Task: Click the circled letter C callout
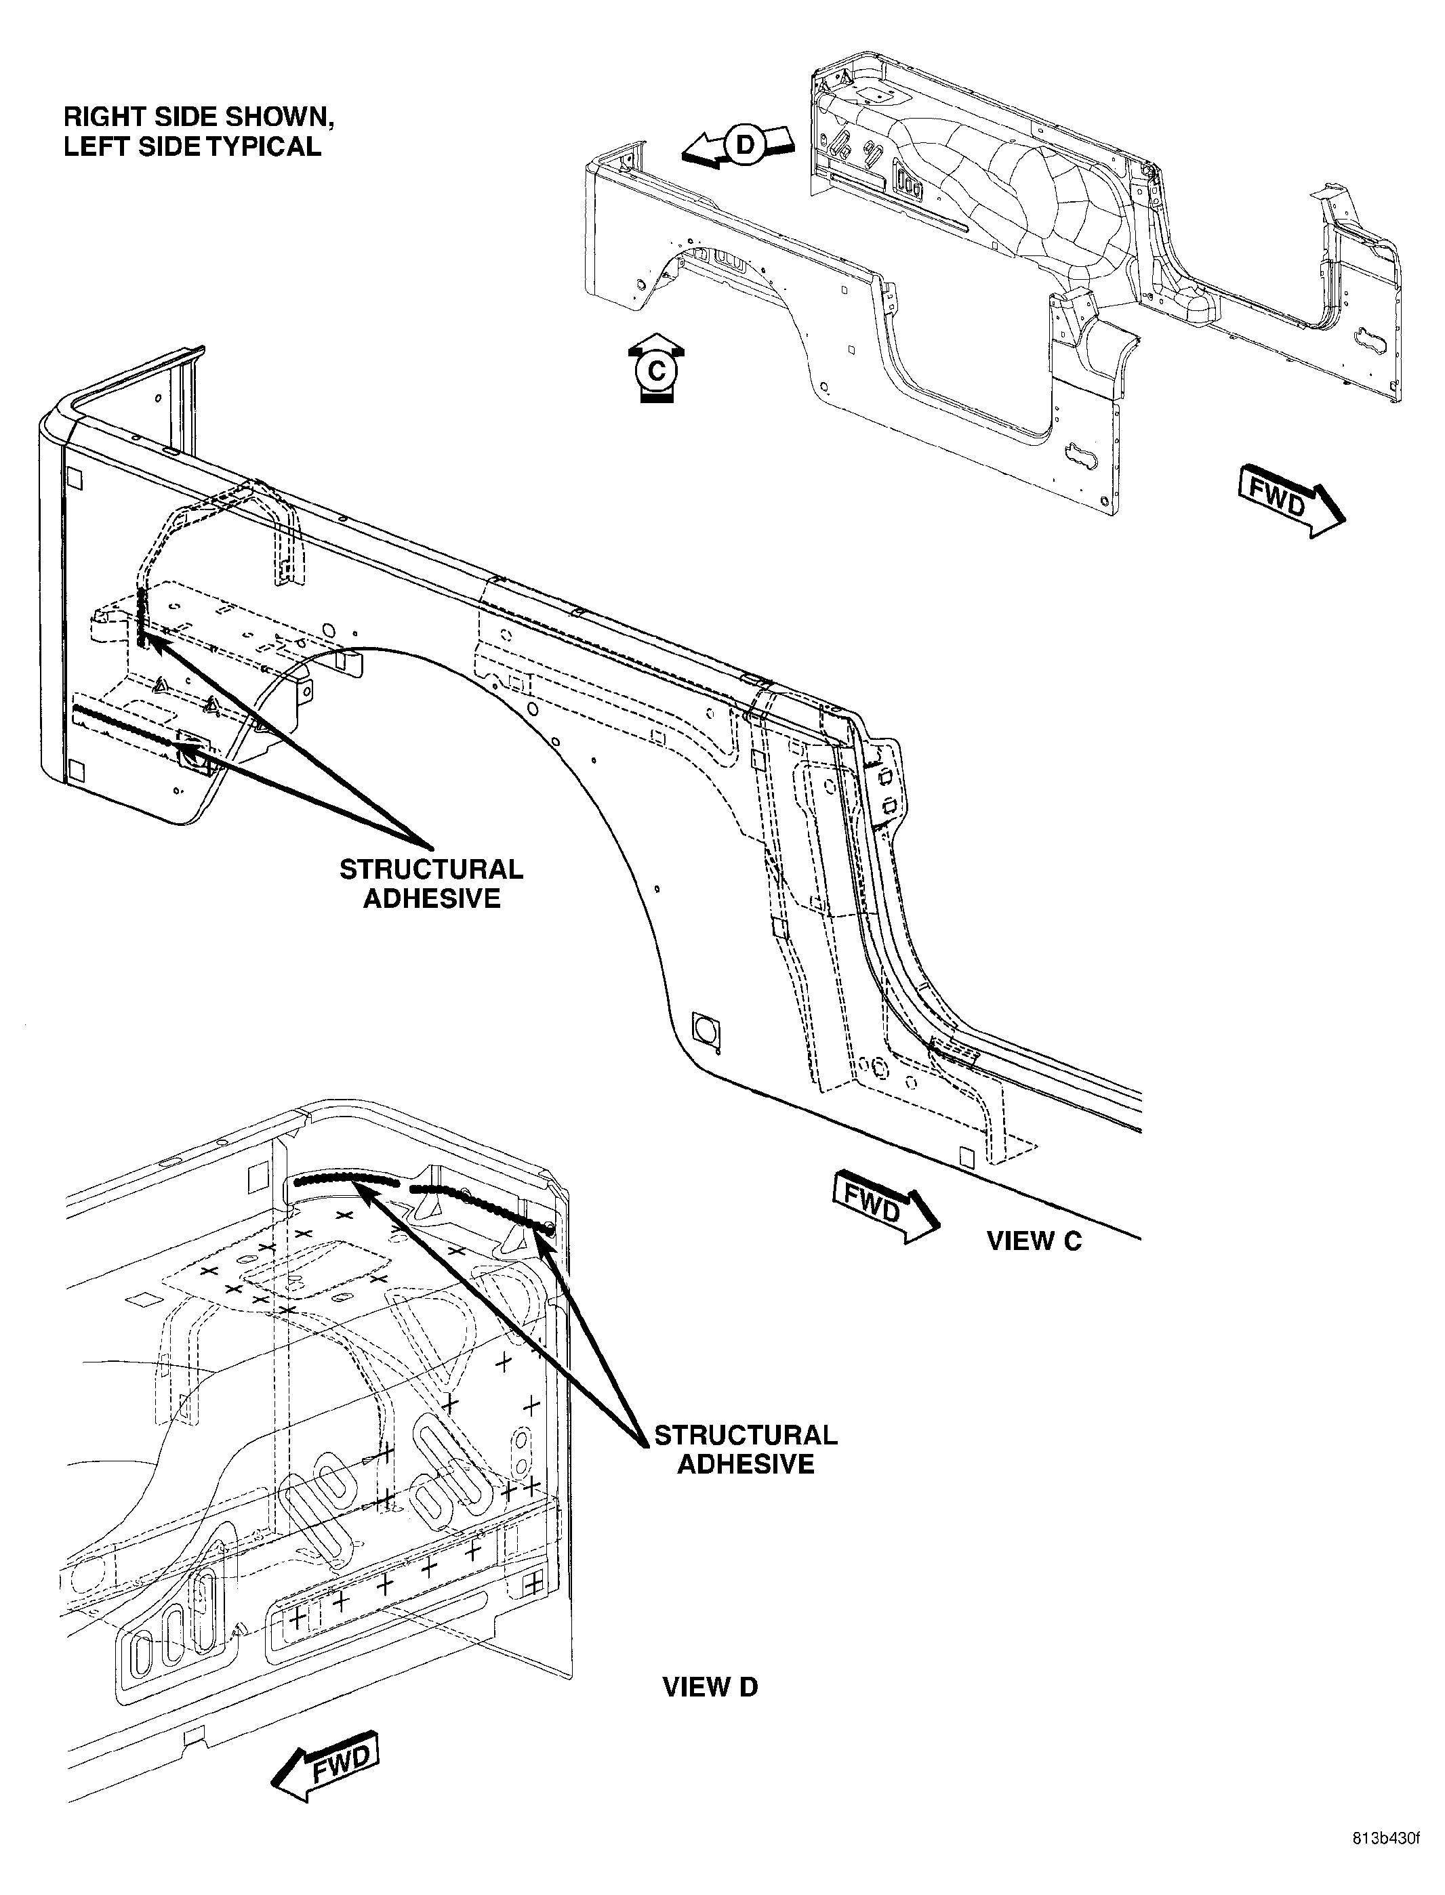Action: pyautogui.click(x=656, y=371)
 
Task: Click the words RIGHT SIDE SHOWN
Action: pyautogui.click(x=199, y=117)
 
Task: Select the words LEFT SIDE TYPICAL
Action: pyautogui.click(x=192, y=146)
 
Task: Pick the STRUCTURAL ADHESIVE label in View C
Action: pyautogui.click(x=431, y=883)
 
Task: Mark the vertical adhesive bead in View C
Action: pyautogui.click(x=141, y=617)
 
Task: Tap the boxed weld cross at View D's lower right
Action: pyautogui.click(x=533, y=1583)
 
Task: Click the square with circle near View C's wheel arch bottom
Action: pyautogui.click(x=707, y=1030)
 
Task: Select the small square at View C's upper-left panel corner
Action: pyautogui.click(x=74, y=476)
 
